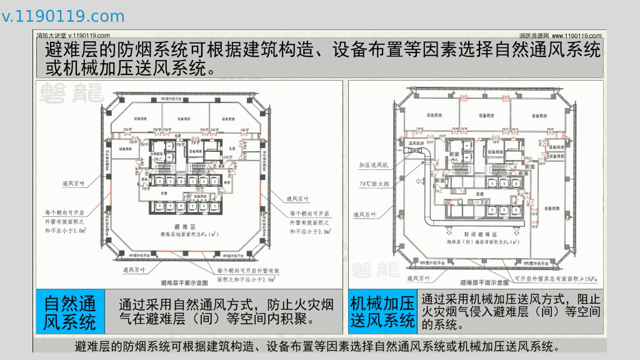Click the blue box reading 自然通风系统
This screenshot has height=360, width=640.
70,312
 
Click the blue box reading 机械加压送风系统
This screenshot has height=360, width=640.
382,312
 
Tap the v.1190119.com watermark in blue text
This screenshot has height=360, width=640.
63,16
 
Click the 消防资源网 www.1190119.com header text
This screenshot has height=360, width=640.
560,36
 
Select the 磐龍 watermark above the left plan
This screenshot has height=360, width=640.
70,94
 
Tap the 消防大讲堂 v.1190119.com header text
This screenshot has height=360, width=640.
73,36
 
